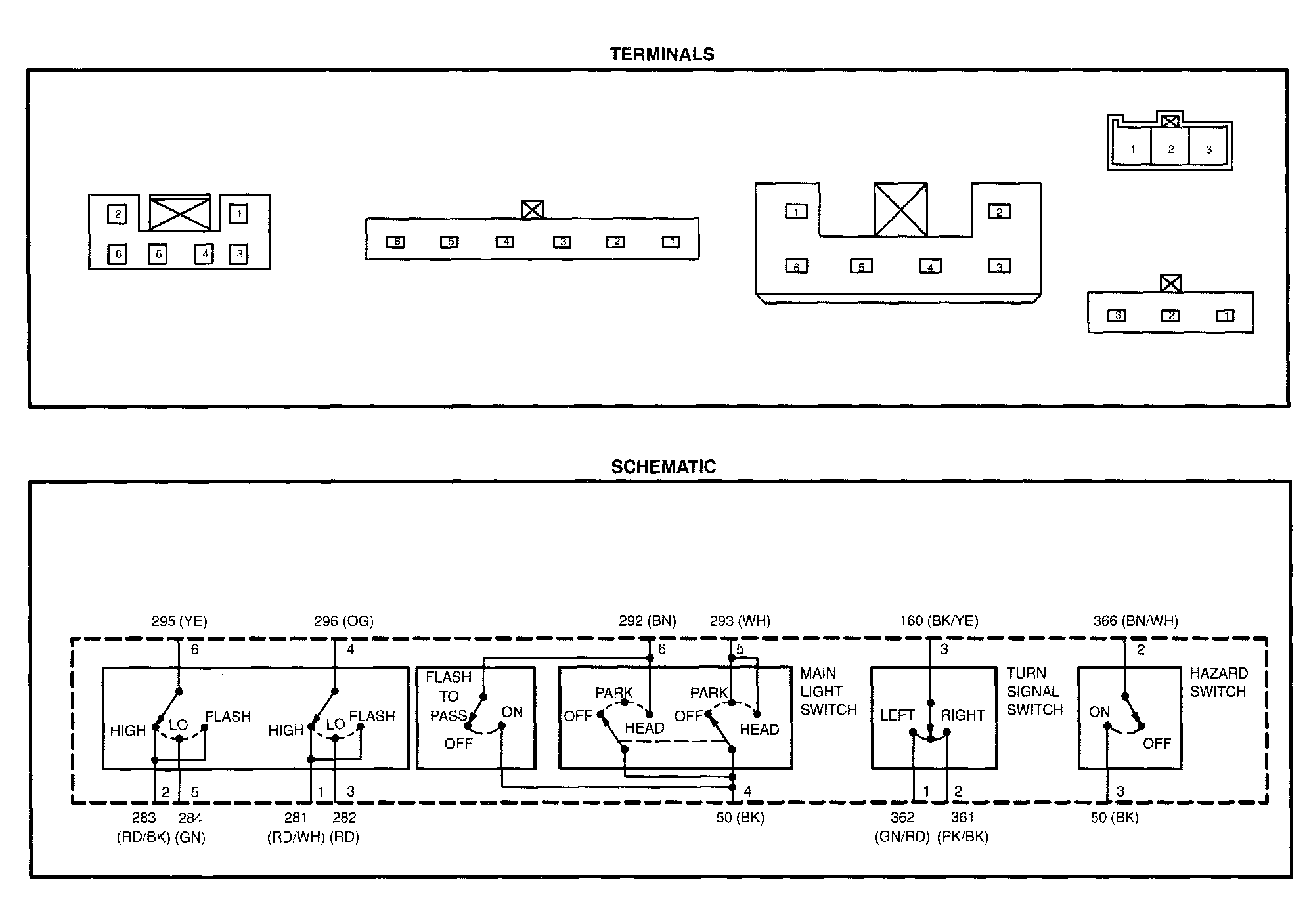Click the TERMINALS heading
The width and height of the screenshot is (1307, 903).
coord(661,54)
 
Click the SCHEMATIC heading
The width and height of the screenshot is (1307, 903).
coord(663,467)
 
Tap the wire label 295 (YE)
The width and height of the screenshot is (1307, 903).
coord(179,621)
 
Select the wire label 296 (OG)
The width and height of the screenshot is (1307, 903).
coord(343,621)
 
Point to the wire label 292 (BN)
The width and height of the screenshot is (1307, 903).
coord(647,621)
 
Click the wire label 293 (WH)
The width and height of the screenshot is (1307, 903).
coord(740,621)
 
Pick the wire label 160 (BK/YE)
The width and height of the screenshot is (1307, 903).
coord(939,621)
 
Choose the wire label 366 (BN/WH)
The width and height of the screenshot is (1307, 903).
coord(1135,621)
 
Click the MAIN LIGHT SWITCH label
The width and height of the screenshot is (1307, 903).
coord(828,691)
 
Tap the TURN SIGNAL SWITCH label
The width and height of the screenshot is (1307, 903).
coord(1034,691)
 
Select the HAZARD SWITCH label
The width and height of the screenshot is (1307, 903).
coord(1218,682)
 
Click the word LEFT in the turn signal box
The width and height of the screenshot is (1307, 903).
coord(897,715)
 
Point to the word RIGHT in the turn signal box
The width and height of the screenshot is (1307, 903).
coord(963,715)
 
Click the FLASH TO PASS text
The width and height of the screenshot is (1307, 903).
coord(449,696)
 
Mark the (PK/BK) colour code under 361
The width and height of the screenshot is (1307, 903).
coord(963,837)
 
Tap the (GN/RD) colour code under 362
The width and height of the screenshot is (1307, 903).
coord(902,837)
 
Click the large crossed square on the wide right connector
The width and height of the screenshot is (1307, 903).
coord(900,210)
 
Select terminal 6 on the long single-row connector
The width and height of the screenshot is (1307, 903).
coord(396,242)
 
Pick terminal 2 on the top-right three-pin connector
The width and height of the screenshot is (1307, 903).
coord(1170,150)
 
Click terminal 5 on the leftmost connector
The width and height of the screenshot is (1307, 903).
coord(158,254)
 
